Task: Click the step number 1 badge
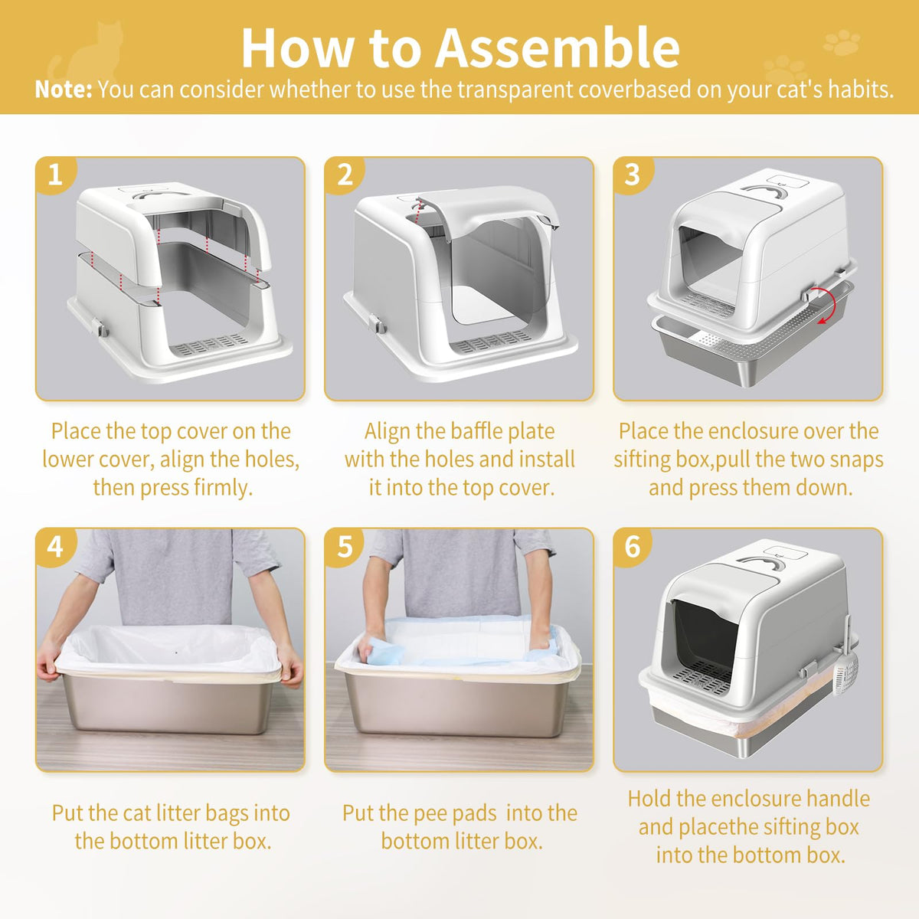55,175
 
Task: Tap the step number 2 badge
344,175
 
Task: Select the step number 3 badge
633,175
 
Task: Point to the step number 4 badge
55,547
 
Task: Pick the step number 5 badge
344,547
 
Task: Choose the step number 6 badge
633,547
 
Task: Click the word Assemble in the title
557,48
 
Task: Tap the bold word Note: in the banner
64,89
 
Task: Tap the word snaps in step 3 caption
855,459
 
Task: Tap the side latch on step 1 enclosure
100,328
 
